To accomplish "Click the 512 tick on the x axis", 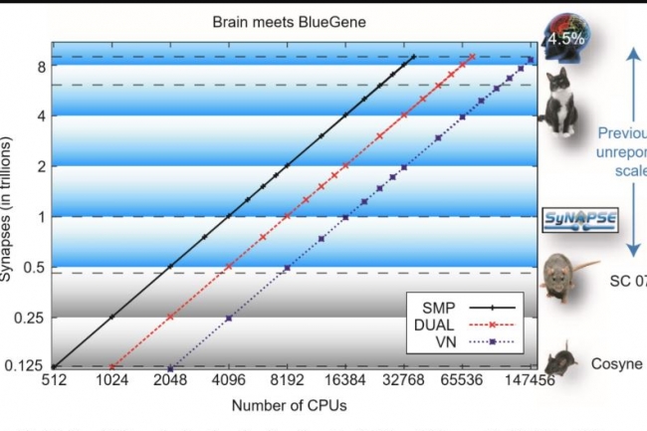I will click(x=52, y=381).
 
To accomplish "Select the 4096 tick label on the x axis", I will click(x=229, y=381).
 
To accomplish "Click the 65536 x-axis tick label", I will click(x=464, y=381).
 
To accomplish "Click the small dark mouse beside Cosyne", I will click(x=563, y=358).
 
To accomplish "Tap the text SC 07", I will click(x=627, y=280).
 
